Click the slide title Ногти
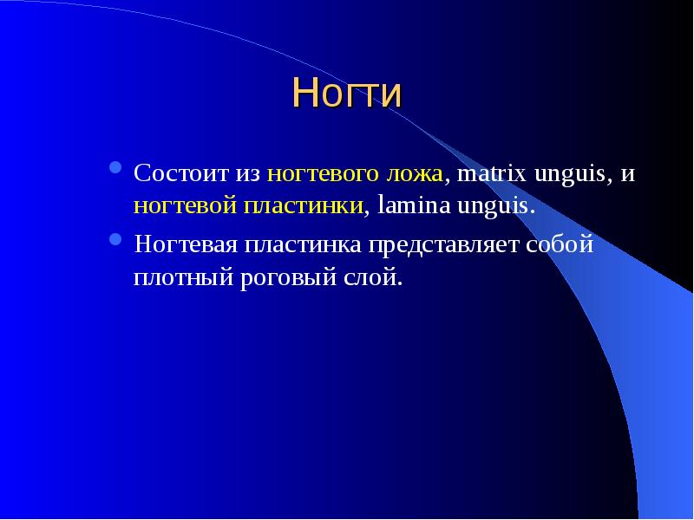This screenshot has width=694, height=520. click(347, 93)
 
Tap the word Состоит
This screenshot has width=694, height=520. click(181, 172)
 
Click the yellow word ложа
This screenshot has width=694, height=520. click(415, 174)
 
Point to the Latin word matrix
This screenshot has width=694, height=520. click(491, 172)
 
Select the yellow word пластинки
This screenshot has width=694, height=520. click(304, 206)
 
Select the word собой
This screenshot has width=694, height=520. click(560, 244)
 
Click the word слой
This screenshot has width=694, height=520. click(370, 276)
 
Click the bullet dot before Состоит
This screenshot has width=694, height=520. click(115, 167)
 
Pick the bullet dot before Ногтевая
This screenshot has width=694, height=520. click(115, 239)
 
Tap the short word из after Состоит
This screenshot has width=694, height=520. click(248, 174)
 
